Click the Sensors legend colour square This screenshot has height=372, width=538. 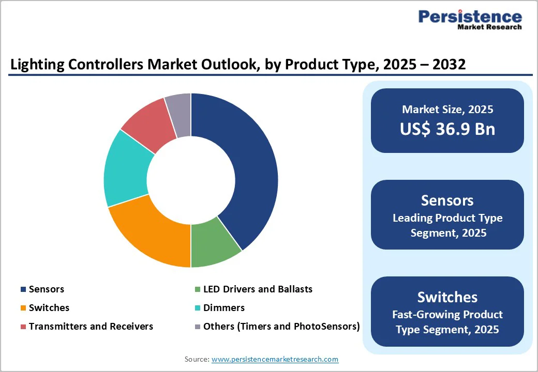[23, 289]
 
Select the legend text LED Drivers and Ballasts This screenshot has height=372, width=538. [258, 289]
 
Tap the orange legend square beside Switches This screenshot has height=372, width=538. [23, 308]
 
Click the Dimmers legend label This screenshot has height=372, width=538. [223, 308]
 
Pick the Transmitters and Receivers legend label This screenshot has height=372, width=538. [91, 327]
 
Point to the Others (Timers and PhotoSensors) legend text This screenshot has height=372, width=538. [281, 327]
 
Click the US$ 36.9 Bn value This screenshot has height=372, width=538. [447, 129]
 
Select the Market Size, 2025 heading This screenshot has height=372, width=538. [447, 110]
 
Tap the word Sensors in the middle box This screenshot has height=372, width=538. [447, 200]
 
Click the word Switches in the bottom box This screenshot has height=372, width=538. [447, 297]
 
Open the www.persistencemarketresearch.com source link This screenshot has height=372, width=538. [275, 359]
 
